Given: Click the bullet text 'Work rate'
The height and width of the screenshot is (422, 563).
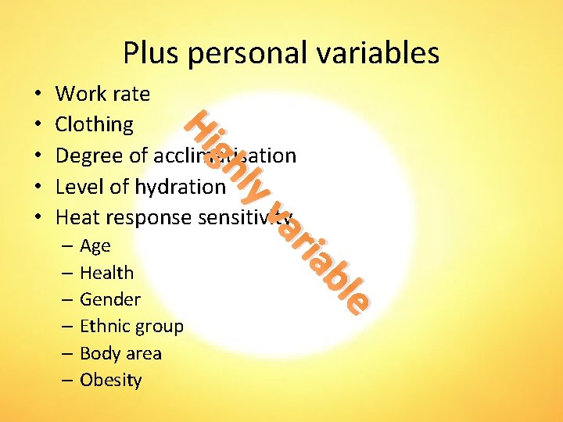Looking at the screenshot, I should click(x=103, y=94).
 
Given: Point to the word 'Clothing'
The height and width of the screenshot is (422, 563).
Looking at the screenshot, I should click(x=95, y=125).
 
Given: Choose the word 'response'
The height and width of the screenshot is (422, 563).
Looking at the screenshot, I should click(x=153, y=218).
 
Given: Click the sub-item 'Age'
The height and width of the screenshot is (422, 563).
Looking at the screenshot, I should click(x=95, y=247).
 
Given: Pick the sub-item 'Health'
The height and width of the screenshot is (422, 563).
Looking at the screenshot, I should click(x=107, y=274).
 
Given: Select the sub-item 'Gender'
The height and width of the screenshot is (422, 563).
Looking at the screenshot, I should click(x=110, y=300).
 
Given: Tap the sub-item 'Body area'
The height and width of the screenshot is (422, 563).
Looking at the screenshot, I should click(x=120, y=354).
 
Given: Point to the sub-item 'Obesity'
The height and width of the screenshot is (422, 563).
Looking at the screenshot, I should click(x=111, y=381).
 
